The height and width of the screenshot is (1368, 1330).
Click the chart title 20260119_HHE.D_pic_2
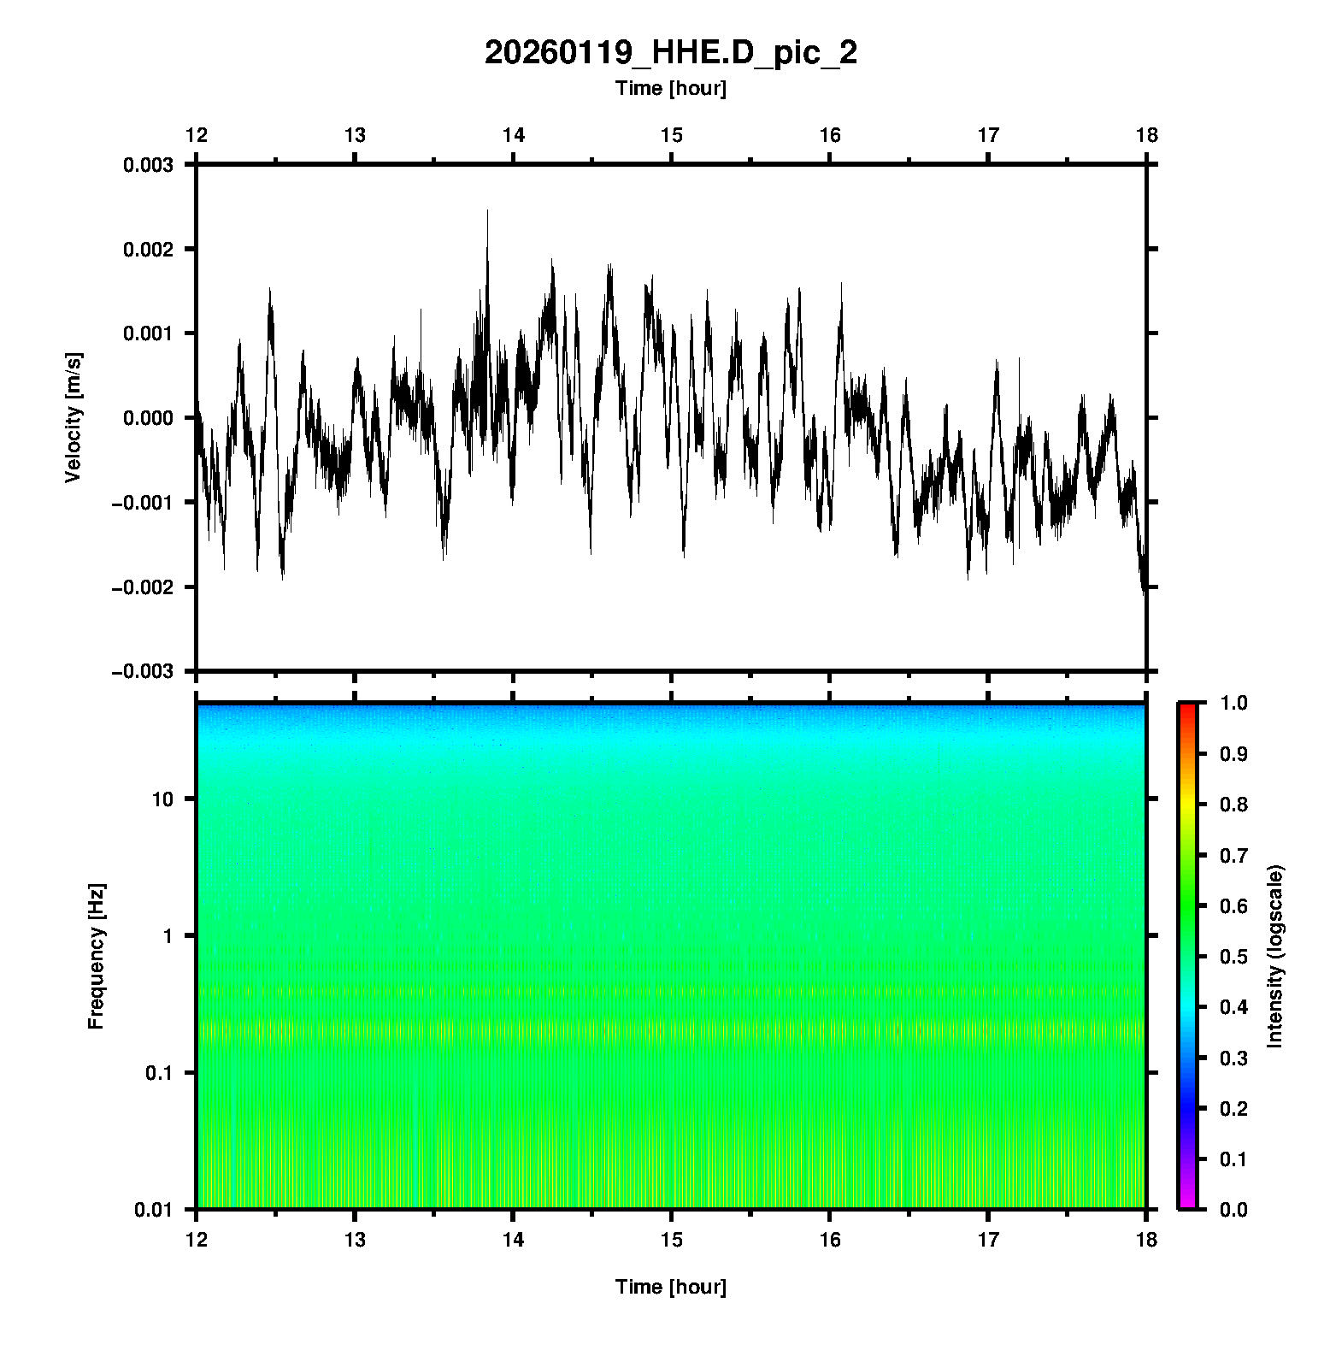[x=670, y=53]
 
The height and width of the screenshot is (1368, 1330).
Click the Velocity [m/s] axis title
[x=74, y=417]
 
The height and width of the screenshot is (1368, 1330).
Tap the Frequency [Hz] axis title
[x=96, y=957]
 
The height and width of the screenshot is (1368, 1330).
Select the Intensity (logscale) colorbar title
[x=1275, y=956]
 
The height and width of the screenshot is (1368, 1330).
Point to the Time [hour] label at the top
[x=670, y=88]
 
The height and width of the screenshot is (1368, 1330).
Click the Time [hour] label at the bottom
[x=670, y=1287]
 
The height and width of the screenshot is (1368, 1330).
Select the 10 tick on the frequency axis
[x=162, y=799]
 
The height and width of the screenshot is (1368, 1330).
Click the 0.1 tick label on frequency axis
[x=158, y=1073]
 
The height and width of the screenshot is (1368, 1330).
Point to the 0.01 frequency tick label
[x=154, y=1209]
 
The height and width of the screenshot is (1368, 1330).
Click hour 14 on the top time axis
[x=513, y=135]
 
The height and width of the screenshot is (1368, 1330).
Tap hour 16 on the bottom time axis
[x=830, y=1239]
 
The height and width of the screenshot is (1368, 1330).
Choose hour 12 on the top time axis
[x=197, y=135]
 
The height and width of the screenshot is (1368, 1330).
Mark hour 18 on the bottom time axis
[x=1146, y=1239]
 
